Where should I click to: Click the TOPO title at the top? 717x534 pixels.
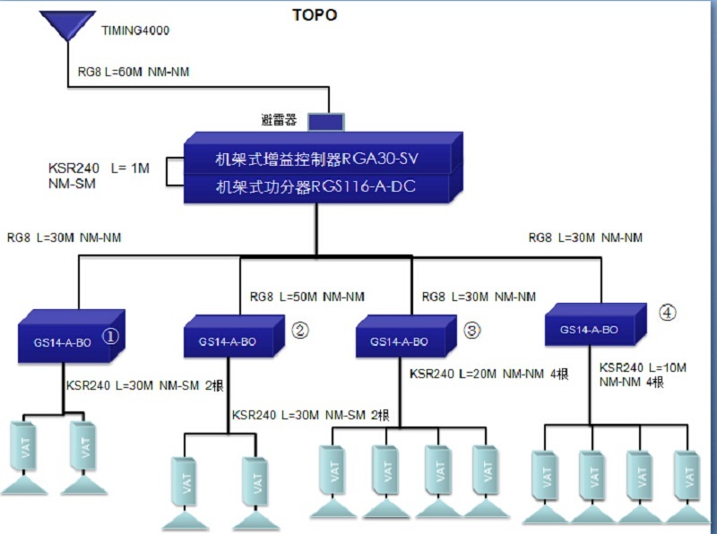coord(315,15)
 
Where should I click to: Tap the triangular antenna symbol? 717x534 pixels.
coord(69,25)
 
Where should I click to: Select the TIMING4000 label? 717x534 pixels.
coord(134,30)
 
